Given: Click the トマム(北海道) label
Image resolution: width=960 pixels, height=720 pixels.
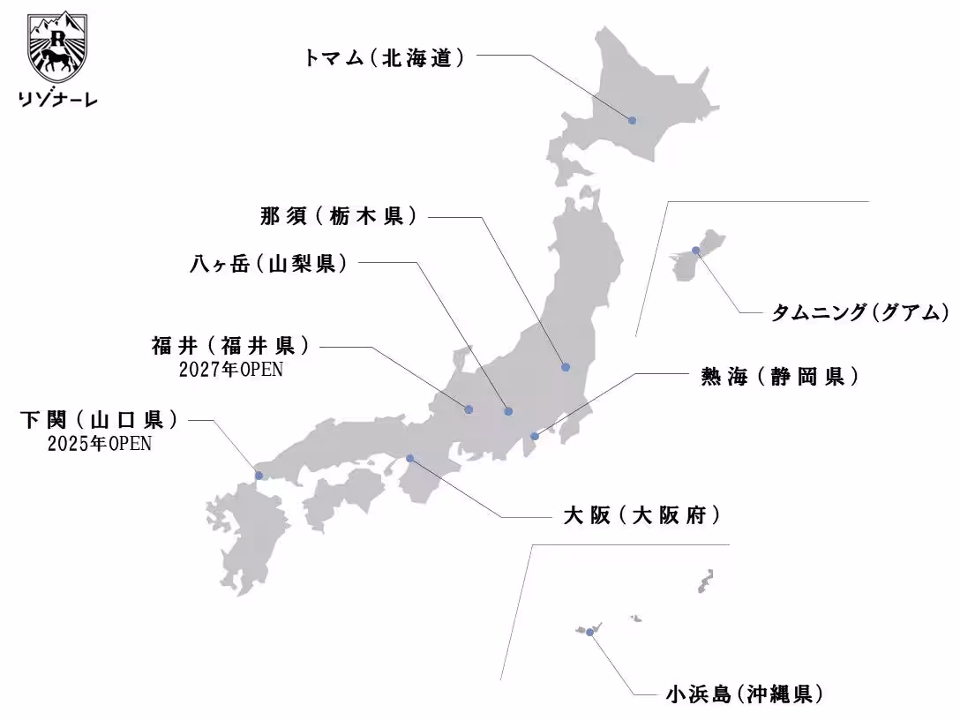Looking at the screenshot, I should tap(384, 59).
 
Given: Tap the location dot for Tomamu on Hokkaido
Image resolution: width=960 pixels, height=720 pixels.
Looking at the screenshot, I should tap(632, 120).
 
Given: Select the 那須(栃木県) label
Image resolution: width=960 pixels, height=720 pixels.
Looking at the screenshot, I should tap(338, 216).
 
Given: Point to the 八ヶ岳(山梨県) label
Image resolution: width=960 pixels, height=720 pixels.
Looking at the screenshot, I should tap(267, 264).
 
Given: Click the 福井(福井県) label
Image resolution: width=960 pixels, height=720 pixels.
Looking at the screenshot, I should tap(230, 345).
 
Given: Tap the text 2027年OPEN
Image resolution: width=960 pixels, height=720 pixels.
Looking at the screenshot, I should tap(231, 369).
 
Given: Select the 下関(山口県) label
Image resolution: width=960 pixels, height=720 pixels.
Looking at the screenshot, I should tap(98, 420).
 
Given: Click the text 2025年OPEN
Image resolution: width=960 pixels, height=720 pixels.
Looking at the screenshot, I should tap(99, 444).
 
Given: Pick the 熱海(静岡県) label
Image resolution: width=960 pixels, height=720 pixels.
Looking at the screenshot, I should tap(779, 377).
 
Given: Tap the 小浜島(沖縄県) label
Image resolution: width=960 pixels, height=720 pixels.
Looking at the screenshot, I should tap(745, 694).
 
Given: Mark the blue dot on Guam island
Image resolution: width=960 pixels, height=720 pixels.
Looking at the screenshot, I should tap(696, 251).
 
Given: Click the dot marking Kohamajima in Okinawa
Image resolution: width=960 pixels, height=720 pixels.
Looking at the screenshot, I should tap(589, 632).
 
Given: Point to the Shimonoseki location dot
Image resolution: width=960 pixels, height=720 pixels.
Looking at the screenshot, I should tap(259, 476).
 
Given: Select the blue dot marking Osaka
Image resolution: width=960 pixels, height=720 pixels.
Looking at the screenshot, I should tap(409, 458).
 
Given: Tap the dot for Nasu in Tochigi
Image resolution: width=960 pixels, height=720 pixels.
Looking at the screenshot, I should tap(565, 367).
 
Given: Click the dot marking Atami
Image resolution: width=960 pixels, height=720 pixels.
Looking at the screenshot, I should tap(534, 436).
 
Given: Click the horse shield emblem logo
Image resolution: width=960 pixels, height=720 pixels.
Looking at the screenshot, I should tap(58, 47).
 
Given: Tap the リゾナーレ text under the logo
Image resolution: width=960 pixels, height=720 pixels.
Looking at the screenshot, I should tap(58, 99).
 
